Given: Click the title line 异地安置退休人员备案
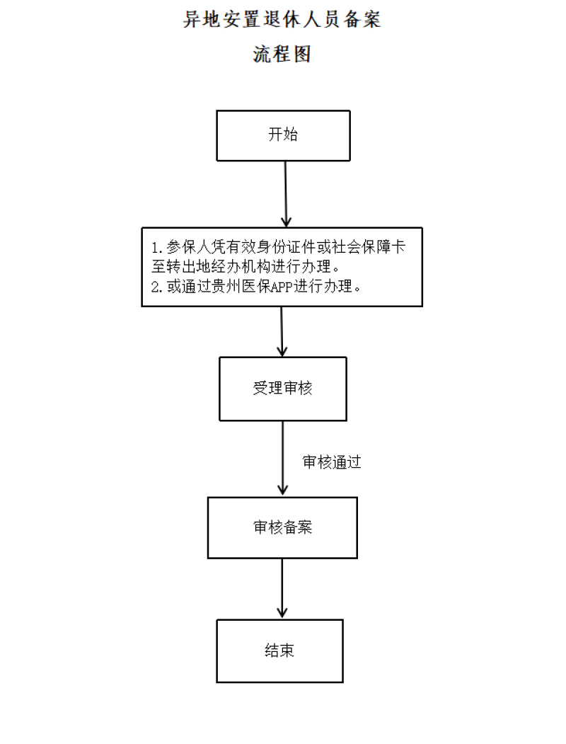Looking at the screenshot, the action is (x=282, y=19).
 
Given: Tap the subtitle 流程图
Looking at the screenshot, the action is (x=282, y=54).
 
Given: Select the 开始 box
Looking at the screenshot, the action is (x=284, y=136).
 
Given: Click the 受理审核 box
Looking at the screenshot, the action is (x=283, y=389).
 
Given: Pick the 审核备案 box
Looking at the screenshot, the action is (x=282, y=527).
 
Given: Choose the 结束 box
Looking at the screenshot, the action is (x=279, y=651).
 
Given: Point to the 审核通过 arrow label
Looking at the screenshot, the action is (x=332, y=462).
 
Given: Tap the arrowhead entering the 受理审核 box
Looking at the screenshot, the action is (x=282, y=351).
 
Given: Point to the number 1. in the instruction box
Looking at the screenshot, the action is (x=157, y=247).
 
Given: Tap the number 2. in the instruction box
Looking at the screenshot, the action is (x=157, y=287).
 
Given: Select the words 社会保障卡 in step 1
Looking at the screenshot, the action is (x=369, y=247).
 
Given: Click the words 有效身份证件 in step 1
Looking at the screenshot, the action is (x=272, y=247).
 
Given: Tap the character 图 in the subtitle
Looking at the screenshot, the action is (x=302, y=54).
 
